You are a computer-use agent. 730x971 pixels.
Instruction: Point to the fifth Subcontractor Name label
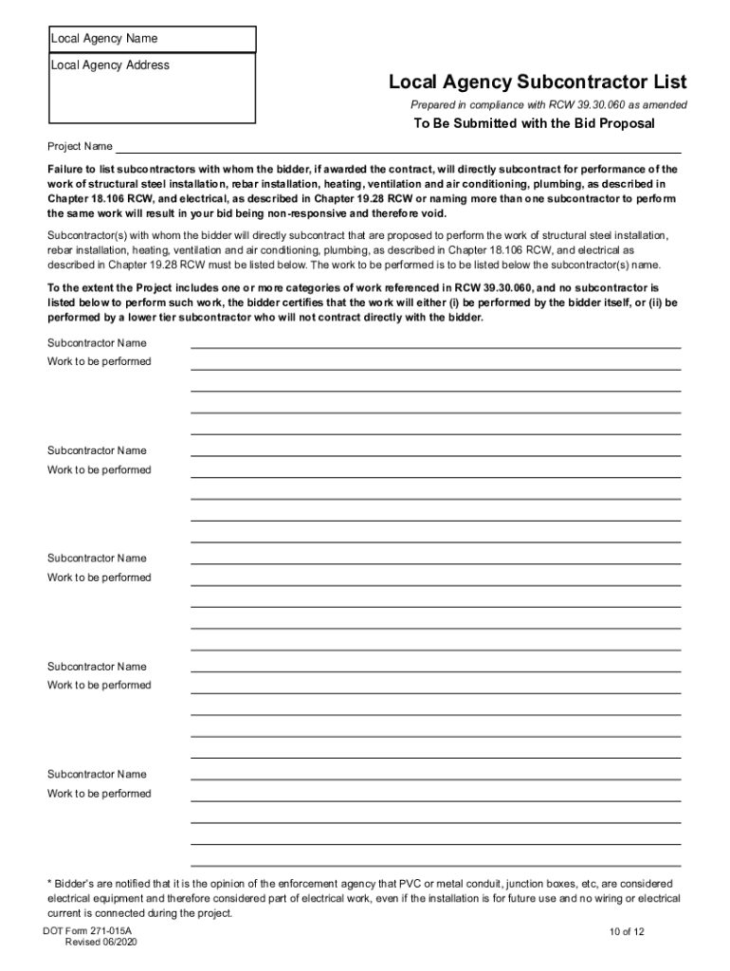(x=98, y=775)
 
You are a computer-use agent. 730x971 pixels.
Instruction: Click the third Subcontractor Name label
(x=98, y=559)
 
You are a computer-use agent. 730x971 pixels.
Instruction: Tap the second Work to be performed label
(x=100, y=470)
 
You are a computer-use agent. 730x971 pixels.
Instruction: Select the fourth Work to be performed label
(x=100, y=686)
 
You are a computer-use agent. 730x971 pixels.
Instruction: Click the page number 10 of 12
(x=628, y=932)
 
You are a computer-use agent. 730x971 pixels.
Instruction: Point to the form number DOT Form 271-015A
(x=87, y=932)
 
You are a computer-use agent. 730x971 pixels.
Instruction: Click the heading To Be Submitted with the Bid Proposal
(x=534, y=124)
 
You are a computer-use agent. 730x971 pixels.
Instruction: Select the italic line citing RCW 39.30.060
(x=549, y=105)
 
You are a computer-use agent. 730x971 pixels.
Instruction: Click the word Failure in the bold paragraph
(x=66, y=169)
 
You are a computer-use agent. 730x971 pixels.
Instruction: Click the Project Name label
(x=80, y=147)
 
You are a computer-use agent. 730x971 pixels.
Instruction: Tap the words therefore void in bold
(x=412, y=213)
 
